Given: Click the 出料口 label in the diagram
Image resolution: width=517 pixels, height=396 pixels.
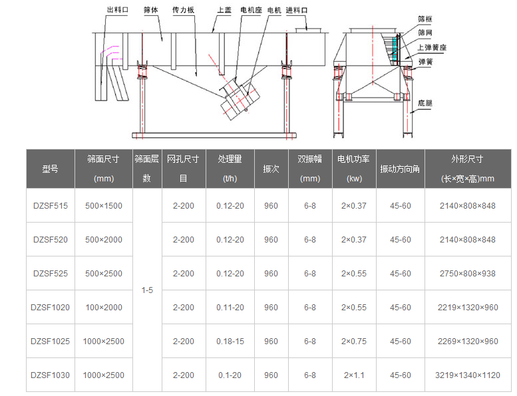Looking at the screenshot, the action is click(x=117, y=10).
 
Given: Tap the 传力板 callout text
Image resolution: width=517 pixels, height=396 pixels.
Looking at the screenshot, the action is click(x=183, y=10).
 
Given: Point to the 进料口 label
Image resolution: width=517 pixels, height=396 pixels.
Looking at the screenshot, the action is click(x=296, y=10).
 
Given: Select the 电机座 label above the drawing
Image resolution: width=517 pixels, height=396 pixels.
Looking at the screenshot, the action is click(x=251, y=10).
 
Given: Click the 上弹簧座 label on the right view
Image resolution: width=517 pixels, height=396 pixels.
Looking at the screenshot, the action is click(x=432, y=47).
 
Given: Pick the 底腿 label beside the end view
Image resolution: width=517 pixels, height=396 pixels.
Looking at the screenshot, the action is click(x=425, y=103).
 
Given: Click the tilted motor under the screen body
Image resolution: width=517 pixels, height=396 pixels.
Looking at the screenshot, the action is click(x=240, y=100).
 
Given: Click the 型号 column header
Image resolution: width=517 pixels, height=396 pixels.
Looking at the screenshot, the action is click(x=50, y=169).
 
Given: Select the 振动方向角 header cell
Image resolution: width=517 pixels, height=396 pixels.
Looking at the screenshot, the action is click(x=400, y=169).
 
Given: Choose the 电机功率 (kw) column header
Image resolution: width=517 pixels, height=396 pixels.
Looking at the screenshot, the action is click(x=354, y=169).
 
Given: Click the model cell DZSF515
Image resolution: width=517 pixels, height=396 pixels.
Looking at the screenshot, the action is click(x=51, y=206).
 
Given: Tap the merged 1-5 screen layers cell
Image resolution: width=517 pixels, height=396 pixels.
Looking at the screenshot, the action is click(x=147, y=290).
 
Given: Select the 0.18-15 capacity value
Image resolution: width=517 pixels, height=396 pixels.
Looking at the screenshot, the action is click(x=230, y=342).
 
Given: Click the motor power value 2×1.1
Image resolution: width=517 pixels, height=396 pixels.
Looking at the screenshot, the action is click(x=354, y=375).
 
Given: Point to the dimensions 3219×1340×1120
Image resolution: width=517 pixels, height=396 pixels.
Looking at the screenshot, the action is click(x=468, y=375).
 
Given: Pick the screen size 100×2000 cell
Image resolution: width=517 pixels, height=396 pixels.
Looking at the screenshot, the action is click(x=104, y=308).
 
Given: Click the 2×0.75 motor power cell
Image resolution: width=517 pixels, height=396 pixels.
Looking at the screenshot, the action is click(x=354, y=342).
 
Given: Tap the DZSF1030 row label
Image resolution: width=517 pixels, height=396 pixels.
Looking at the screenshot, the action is click(x=50, y=375).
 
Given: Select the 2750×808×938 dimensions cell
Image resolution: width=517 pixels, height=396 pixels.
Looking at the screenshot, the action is click(x=468, y=274).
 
